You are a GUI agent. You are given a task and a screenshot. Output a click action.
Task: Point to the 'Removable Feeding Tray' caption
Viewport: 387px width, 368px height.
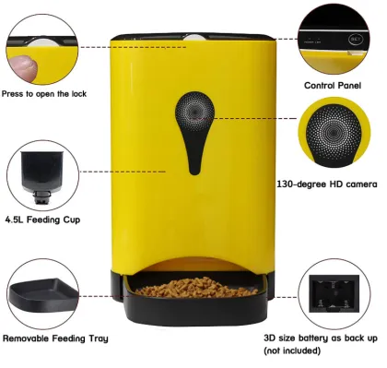tap(54, 339)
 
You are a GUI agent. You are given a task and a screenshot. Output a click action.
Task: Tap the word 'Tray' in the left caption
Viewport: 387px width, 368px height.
tap(97, 339)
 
